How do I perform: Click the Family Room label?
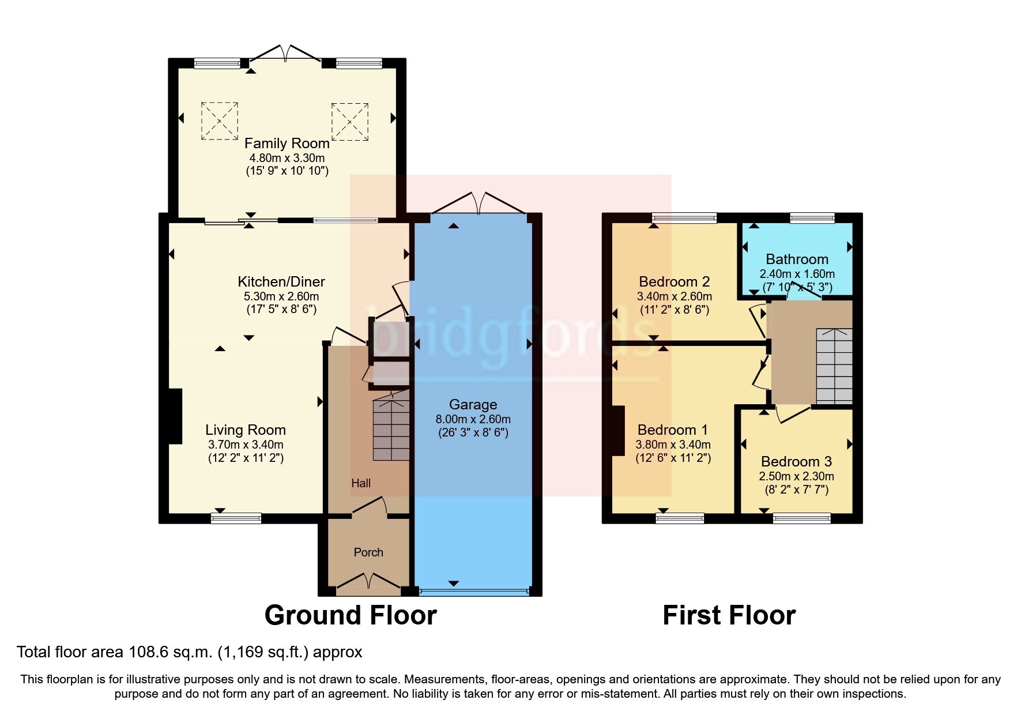coord(287,143)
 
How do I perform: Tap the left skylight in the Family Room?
coord(220,121)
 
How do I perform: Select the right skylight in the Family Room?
coord(350,121)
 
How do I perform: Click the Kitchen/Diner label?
coord(281,281)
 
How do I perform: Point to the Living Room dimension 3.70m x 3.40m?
coord(246,445)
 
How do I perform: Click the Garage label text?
coord(473,405)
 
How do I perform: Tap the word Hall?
coord(361,483)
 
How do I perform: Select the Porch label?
coord(368,552)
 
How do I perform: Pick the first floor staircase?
coord(834,366)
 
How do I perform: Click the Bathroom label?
coord(797,259)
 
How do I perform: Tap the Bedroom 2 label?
coord(674,282)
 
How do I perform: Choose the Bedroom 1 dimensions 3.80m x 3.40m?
coord(673,445)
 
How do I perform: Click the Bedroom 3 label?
coord(796,461)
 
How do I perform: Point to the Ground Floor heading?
coord(351,615)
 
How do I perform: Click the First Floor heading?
coord(729,615)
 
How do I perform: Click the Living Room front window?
coord(236,518)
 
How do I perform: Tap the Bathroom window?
coord(812,218)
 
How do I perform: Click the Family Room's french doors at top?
coord(286,53)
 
